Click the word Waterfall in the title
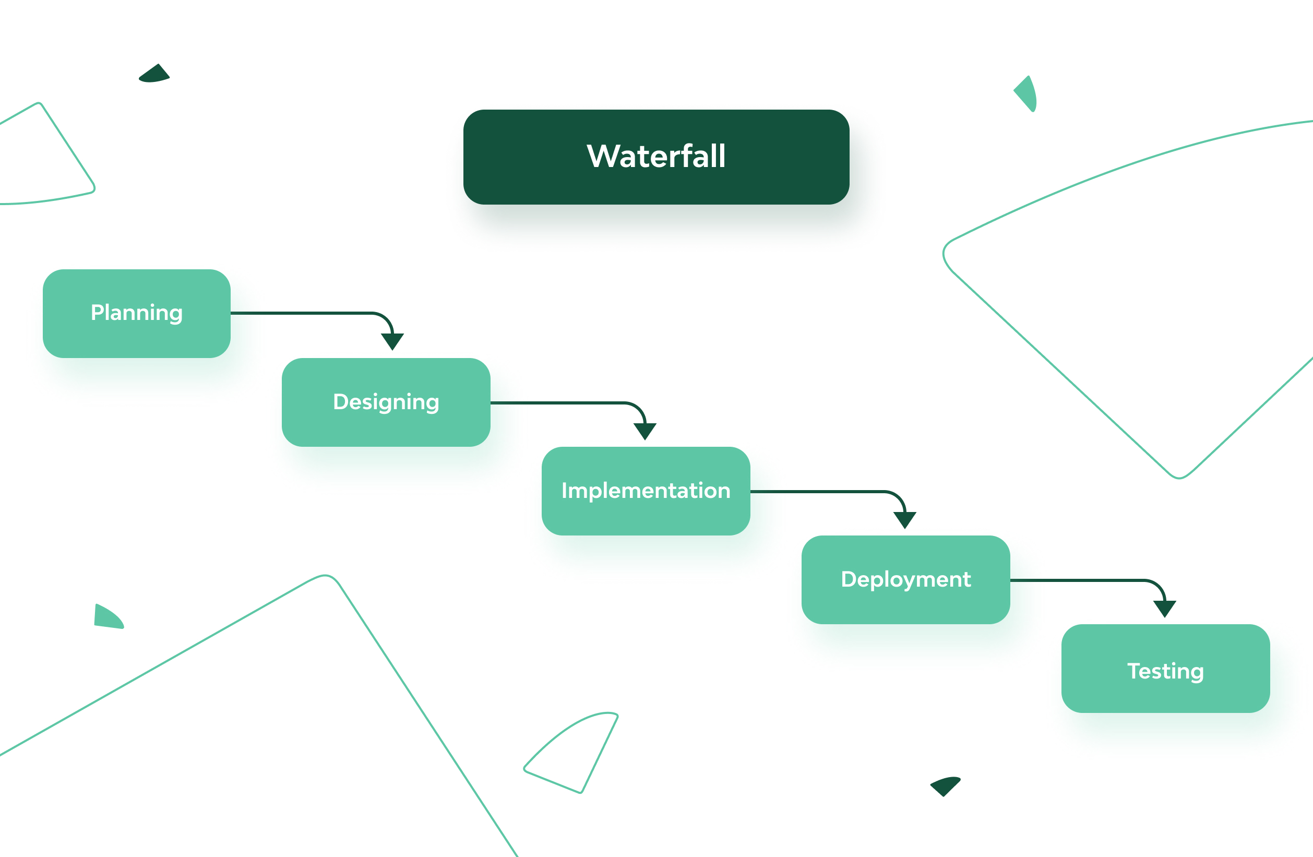(656, 156)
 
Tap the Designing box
(386, 402)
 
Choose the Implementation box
(646, 491)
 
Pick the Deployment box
(905, 579)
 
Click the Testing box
(1165, 668)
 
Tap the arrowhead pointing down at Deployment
(905, 519)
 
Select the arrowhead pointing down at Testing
(1165, 608)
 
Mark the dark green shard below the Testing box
(946, 786)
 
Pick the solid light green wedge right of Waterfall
(1026, 94)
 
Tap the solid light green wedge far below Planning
(108, 617)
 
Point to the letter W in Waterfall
(602, 156)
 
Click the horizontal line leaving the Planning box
(301, 313)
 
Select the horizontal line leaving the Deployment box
(1076, 580)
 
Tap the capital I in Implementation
(564, 491)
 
